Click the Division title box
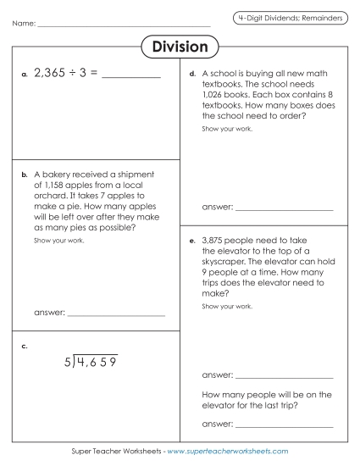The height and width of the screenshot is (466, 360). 180,47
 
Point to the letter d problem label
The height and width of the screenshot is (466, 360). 193,75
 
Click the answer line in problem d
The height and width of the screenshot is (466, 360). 284,208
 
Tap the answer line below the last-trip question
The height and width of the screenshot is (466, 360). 284,426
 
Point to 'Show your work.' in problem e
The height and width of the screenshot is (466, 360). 227,306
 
